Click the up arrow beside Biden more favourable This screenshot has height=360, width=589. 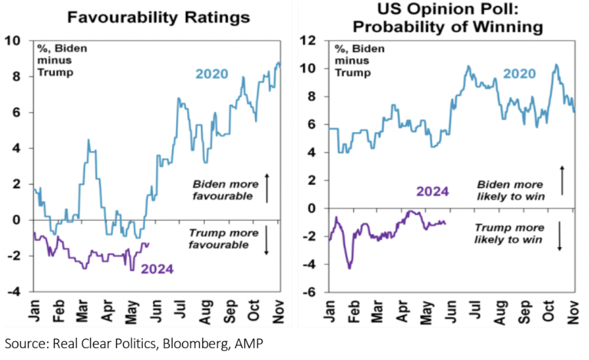click(267, 187)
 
